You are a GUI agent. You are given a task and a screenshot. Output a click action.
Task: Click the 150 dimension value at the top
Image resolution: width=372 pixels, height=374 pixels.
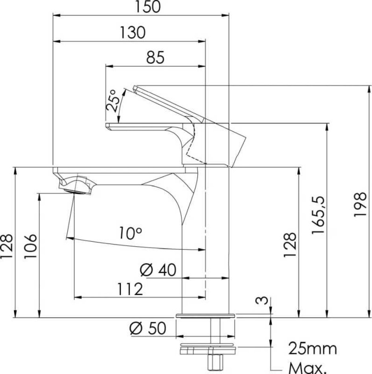pyautogui.click(x=148, y=7)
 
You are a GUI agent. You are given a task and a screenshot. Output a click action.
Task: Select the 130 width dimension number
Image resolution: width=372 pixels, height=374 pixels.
pyautogui.click(x=133, y=32)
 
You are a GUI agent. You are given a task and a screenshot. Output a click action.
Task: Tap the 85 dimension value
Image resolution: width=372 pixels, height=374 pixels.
pyautogui.click(x=155, y=57)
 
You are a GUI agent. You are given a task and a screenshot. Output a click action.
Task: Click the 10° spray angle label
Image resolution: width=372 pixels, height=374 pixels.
pyautogui.click(x=130, y=233)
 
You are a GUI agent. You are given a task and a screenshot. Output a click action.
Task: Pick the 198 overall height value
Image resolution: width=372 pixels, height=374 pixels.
pyautogui.click(x=360, y=204)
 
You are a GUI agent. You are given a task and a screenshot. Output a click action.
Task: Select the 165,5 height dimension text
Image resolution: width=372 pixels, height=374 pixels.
pyautogui.click(x=319, y=215)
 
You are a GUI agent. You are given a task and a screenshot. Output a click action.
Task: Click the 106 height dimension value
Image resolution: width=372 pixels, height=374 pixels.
pyautogui.click(x=31, y=246)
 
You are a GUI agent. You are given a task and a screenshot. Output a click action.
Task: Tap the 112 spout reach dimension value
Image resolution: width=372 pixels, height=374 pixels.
pyautogui.click(x=130, y=289)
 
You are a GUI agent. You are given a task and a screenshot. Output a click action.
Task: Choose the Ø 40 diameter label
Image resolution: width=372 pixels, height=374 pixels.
pyautogui.click(x=158, y=270)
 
